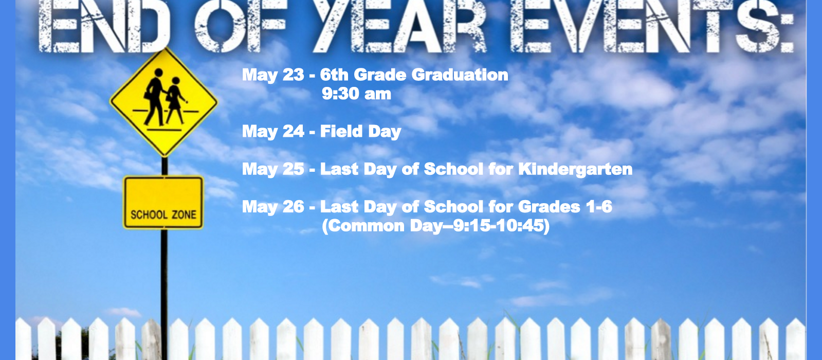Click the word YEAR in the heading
coord(399,26)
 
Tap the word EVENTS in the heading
coord(651,26)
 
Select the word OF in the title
coord(241,26)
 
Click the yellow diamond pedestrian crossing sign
coord(164,102)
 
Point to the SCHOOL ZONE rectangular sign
coord(163,203)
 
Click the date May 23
coord(273,75)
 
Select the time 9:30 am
coord(356,94)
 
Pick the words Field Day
coord(361,132)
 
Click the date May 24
coord(273,132)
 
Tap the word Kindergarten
coord(575,169)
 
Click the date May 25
coord(273,169)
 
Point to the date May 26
coord(273,207)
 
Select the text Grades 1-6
coord(565,207)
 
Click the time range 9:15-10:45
coord(499,226)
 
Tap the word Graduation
coord(460,75)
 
